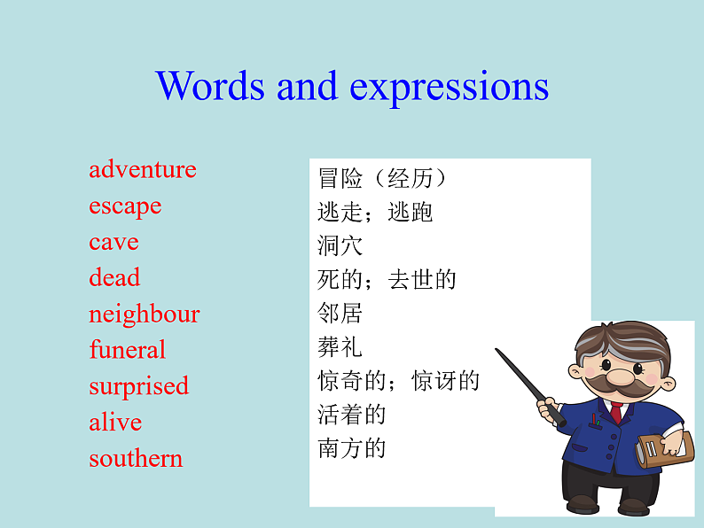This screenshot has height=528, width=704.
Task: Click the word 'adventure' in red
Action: coord(142,169)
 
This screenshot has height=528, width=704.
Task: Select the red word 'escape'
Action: coord(125,206)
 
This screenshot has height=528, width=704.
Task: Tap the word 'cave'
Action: coord(113,242)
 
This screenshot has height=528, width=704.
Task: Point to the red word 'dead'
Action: coord(114,278)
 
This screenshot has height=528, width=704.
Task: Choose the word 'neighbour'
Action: coord(144,314)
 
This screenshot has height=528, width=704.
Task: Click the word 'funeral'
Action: coord(127,350)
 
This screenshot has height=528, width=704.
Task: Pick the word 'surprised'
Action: coord(138,386)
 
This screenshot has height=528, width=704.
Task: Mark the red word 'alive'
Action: coord(115,423)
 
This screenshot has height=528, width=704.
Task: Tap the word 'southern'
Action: coord(136,459)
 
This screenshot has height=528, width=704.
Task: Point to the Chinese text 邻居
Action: coord(340,314)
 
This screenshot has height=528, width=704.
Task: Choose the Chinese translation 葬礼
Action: coord(340,347)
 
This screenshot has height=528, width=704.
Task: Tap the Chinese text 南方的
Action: coord(352,448)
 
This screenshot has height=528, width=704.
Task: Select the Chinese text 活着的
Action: coord(352,415)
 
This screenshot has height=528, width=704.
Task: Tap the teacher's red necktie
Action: coord(615,413)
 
